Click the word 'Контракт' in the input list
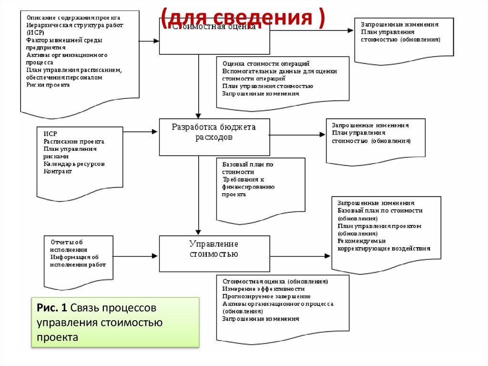click(58, 171)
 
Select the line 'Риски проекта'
click(48, 85)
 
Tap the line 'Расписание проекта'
click(73, 142)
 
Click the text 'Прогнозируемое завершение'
click(260, 296)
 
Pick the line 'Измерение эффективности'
click(263, 289)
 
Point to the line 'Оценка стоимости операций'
click(266, 63)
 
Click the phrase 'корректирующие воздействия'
click(384, 248)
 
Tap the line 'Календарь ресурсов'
click(74, 164)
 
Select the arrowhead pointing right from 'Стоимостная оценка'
click(350, 31)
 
